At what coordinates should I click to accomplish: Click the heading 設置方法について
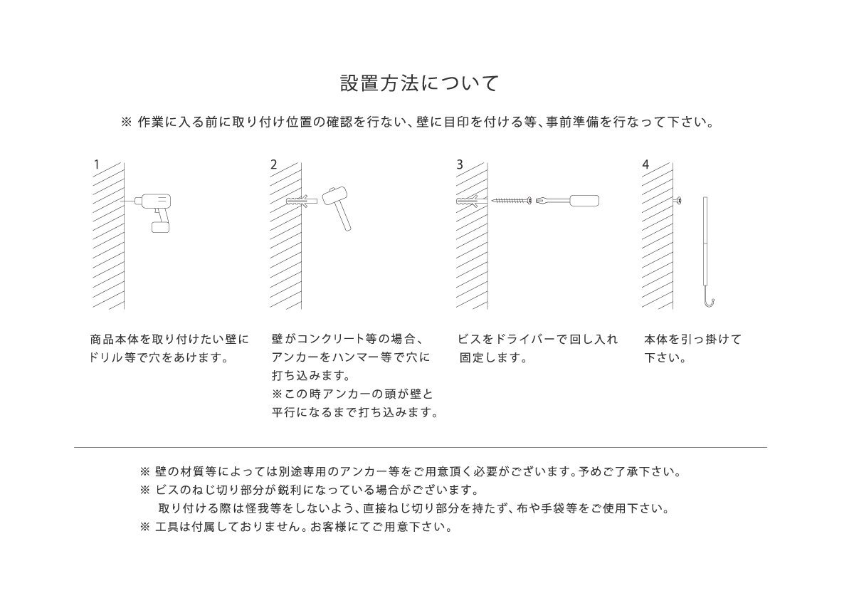(x=420, y=83)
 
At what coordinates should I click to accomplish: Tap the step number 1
(x=96, y=164)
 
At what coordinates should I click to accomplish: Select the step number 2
(x=274, y=164)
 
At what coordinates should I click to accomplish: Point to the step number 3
(x=460, y=164)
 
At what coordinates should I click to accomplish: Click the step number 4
(x=645, y=164)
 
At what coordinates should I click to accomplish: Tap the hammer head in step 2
(x=332, y=196)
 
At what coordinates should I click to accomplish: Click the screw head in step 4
(x=680, y=201)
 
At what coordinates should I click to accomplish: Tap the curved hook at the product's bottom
(x=710, y=303)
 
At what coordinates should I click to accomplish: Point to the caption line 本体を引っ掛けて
(x=692, y=340)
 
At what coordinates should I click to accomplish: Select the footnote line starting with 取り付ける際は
(x=413, y=509)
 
